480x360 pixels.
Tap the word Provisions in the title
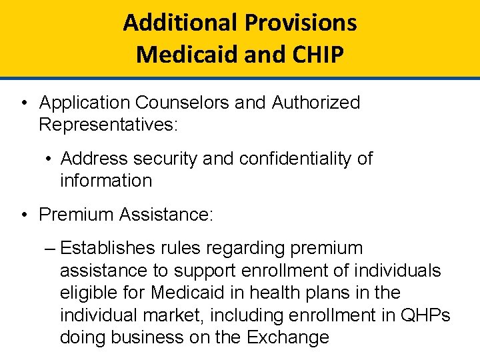[x=301, y=23]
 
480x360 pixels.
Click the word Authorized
[x=315, y=103]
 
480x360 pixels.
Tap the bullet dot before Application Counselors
[x=23, y=103]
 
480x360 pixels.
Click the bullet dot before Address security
[x=49, y=159]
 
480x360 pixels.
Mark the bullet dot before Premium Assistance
[x=23, y=215]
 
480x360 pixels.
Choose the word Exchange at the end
[x=288, y=337]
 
